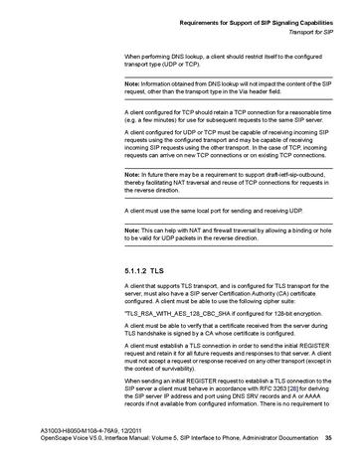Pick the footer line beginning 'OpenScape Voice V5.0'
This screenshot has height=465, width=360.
[159, 451]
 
